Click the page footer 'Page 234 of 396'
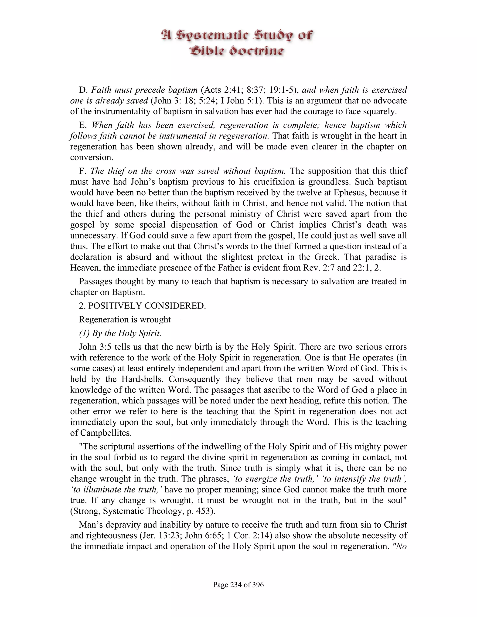pos(238,584)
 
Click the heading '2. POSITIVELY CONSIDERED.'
pos(142,306)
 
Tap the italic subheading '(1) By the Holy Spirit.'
pos(120,333)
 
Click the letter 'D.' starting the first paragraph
pos(84,90)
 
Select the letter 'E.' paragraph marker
pos(83,125)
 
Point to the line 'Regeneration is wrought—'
pos(129,319)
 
